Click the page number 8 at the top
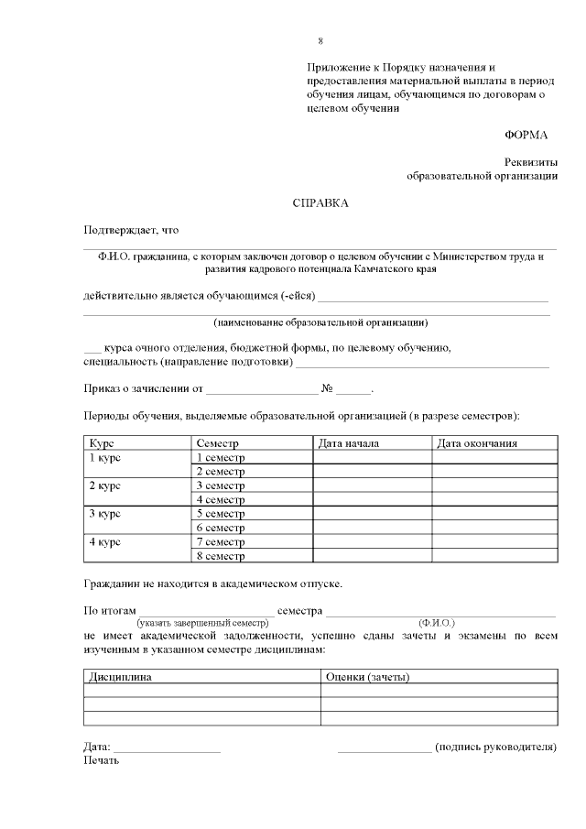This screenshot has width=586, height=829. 320,42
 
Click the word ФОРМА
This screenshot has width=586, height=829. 526,135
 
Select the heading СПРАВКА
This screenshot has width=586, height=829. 320,202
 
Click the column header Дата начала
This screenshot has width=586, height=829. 348,443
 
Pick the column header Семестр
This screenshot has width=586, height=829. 217,443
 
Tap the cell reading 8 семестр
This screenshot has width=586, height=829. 221,555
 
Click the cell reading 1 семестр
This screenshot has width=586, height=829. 221,457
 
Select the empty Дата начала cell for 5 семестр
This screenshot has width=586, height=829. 372,514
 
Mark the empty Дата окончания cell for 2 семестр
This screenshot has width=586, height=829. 494,471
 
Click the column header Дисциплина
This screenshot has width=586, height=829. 120,677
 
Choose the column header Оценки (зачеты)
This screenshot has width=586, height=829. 367,677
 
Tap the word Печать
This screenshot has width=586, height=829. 102,760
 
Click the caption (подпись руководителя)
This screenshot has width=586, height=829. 495,747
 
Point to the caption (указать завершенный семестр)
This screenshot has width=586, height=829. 202,623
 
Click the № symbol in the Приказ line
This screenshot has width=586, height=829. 326,389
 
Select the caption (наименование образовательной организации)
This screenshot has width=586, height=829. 320,322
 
